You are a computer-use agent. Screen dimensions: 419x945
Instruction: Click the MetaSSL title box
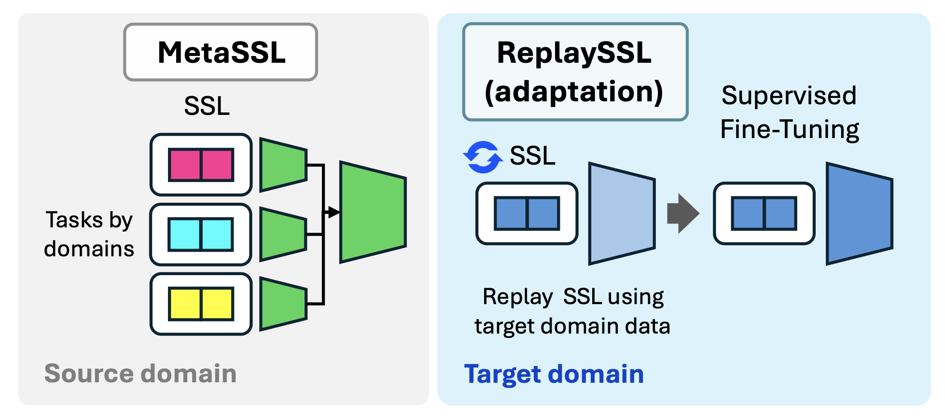221,52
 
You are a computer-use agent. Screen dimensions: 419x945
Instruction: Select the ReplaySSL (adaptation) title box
575,71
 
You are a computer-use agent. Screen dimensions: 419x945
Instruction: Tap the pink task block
201,165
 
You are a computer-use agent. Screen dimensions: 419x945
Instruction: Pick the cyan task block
201,235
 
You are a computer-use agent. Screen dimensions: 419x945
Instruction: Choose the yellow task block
201,304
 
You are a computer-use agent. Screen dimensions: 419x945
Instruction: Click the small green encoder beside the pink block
283,165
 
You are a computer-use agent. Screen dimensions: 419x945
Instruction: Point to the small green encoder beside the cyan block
283,235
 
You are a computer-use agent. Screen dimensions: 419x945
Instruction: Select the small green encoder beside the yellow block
283,304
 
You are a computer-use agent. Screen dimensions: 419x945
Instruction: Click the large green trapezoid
373,212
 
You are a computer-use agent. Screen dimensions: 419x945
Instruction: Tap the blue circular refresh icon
483,157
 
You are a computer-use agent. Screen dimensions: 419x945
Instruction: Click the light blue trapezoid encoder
622,214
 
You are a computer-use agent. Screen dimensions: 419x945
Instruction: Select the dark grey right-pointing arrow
682,213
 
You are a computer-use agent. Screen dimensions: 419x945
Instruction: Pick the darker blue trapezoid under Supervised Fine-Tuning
859,214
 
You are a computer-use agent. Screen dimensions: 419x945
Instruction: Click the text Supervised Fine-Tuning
789,112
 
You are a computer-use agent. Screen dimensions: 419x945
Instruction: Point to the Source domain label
140,374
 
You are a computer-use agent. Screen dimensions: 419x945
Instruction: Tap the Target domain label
554,374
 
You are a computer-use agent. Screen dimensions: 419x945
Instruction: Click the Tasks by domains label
89,234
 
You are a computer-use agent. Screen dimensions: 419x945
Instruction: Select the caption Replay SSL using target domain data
573,311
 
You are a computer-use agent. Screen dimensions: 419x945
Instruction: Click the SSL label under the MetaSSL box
207,106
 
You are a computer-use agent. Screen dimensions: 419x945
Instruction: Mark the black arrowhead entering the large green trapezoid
334,212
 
